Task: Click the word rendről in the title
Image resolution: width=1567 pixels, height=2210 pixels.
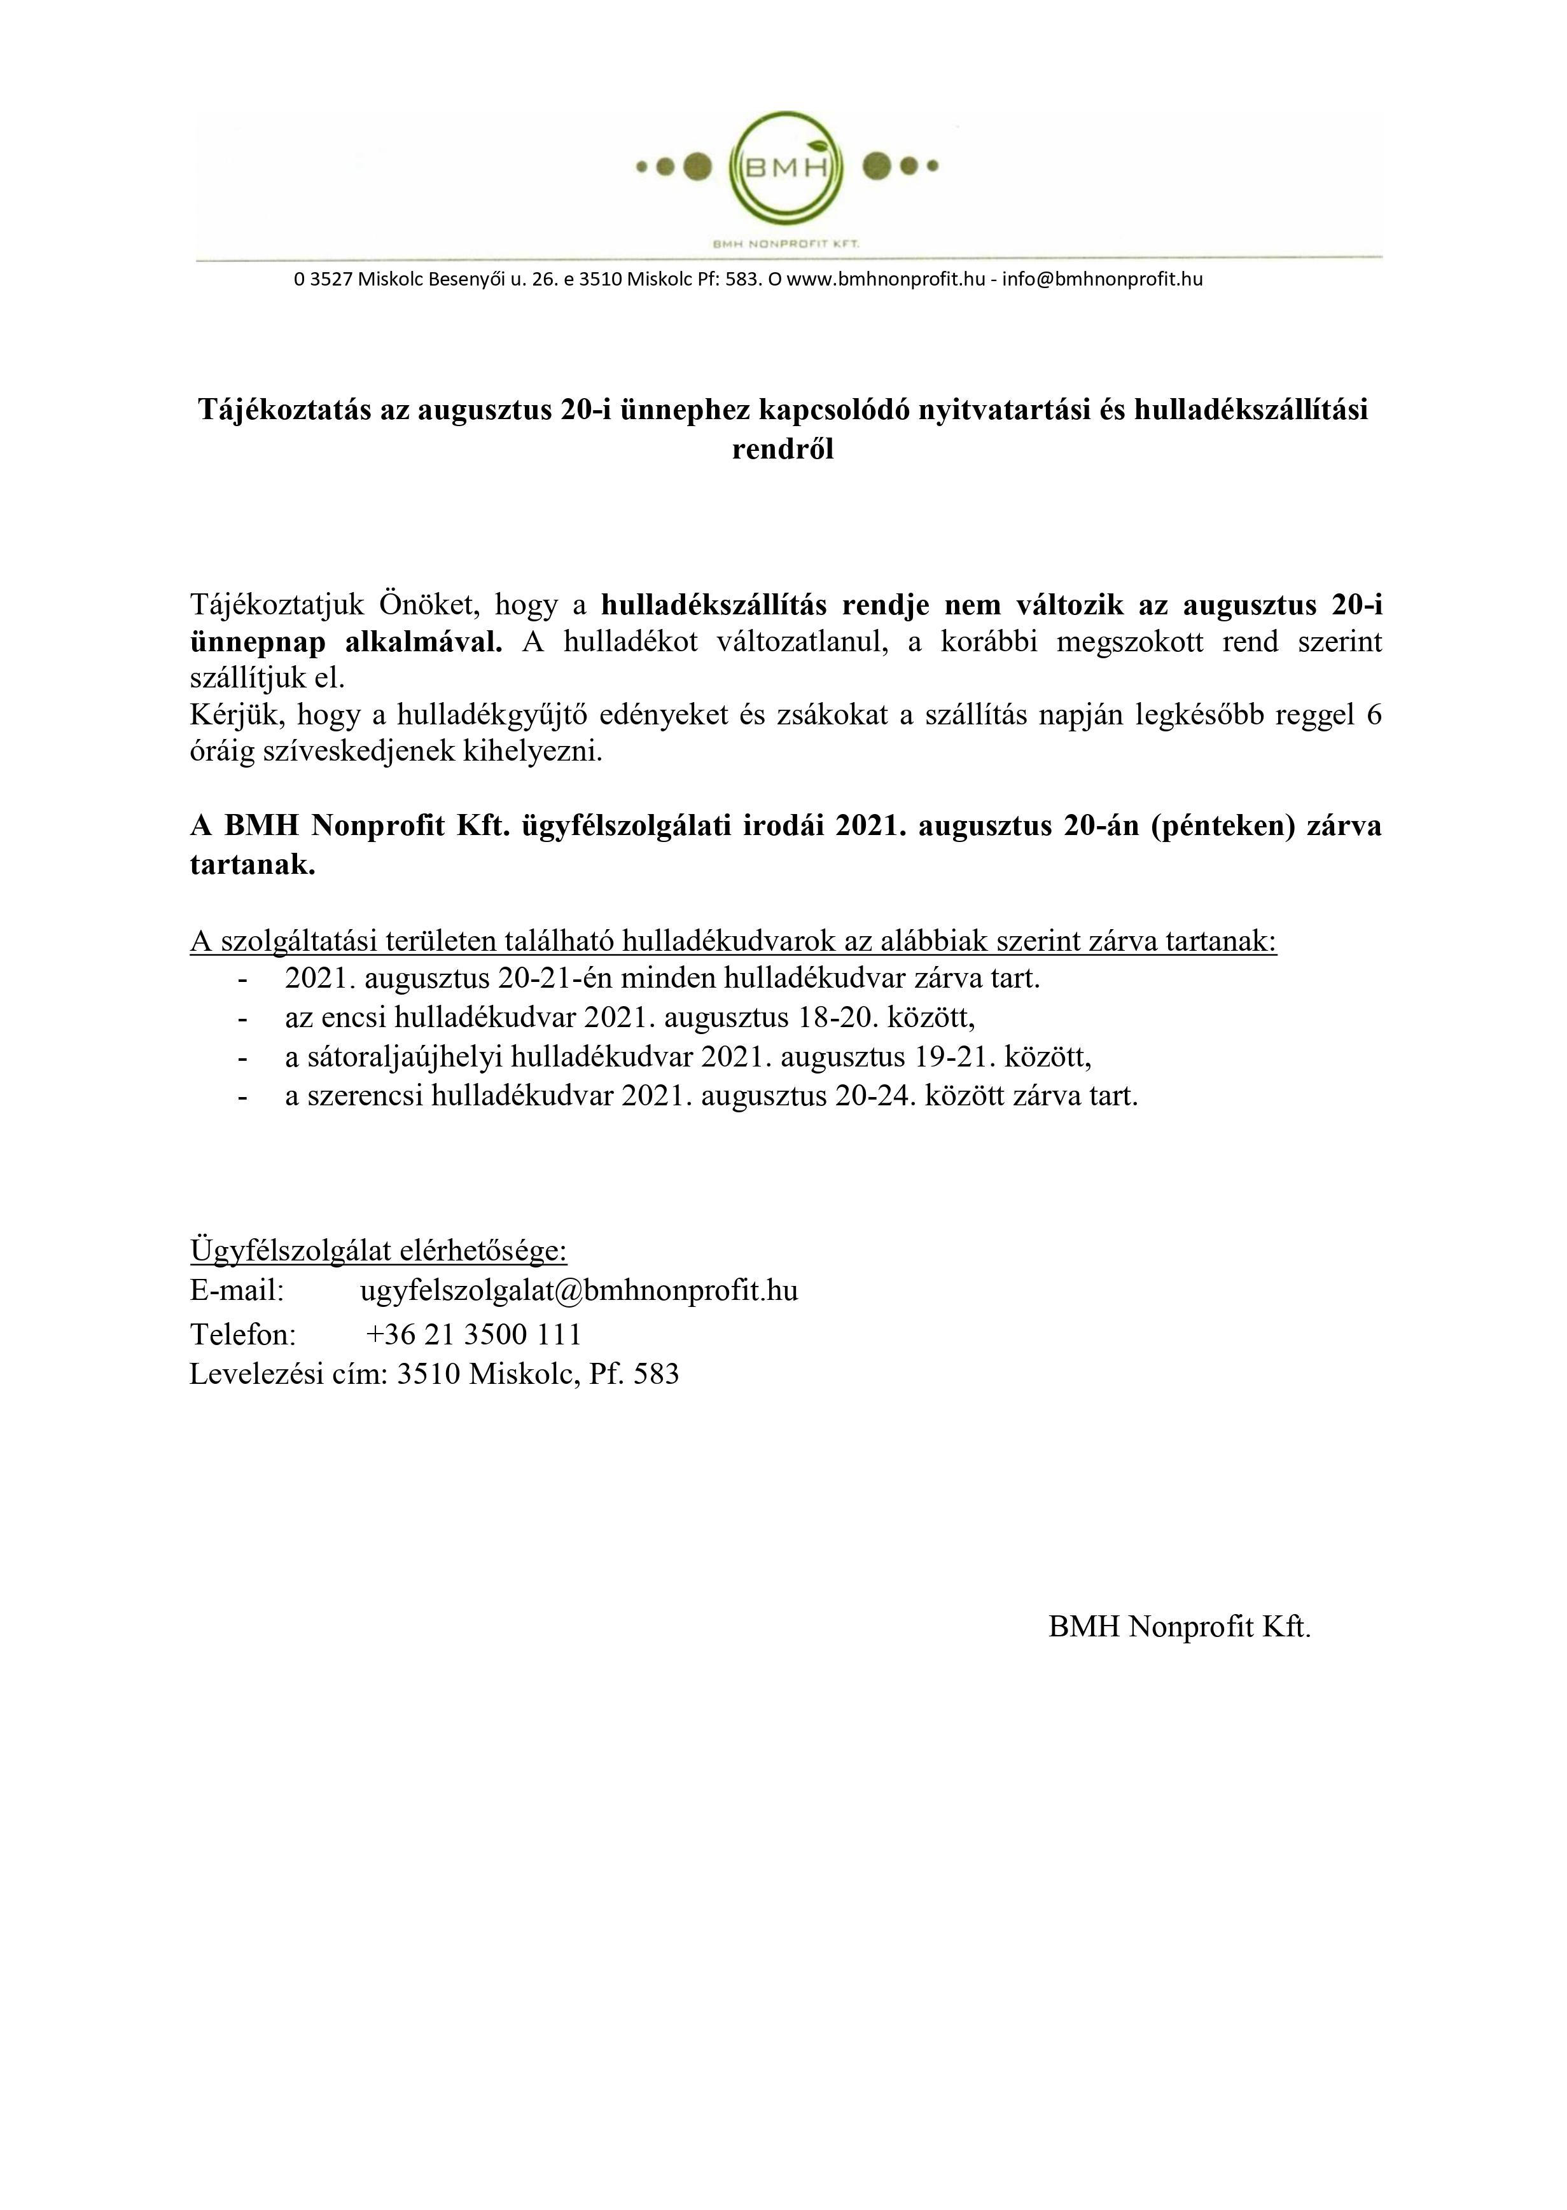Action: pos(783,450)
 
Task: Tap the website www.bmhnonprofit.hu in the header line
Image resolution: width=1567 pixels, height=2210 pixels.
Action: pos(886,280)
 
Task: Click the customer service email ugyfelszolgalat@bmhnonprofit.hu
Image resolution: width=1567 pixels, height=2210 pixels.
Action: pos(579,1290)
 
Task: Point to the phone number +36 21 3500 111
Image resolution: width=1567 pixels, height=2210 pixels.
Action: pos(474,1334)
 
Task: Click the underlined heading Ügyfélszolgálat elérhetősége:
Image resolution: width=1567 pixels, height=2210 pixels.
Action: pos(379,1250)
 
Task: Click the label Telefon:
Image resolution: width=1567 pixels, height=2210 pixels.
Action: pos(243,1334)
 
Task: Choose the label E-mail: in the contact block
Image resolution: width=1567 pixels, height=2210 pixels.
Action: pos(237,1290)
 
